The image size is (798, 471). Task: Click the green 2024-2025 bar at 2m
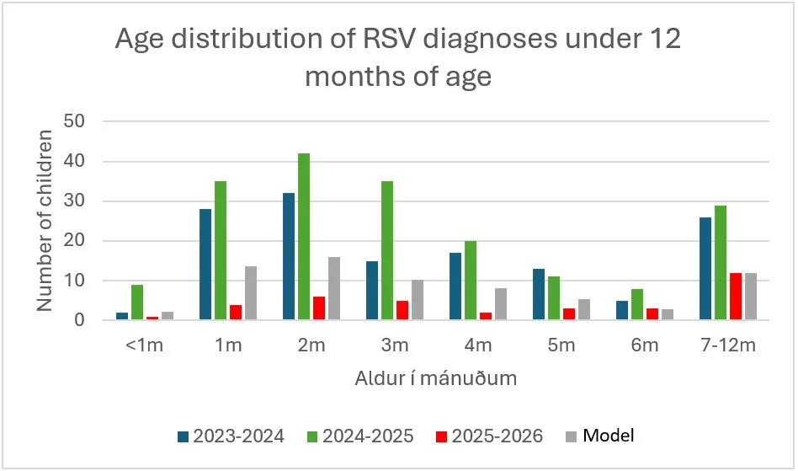[x=303, y=237]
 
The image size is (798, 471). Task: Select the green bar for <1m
[x=136, y=302]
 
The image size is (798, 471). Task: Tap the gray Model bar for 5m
[x=585, y=309]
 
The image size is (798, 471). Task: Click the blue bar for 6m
[x=622, y=311]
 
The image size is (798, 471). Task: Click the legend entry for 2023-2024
[x=231, y=436]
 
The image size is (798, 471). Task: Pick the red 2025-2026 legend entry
[x=492, y=436]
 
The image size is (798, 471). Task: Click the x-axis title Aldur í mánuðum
[x=434, y=379]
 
